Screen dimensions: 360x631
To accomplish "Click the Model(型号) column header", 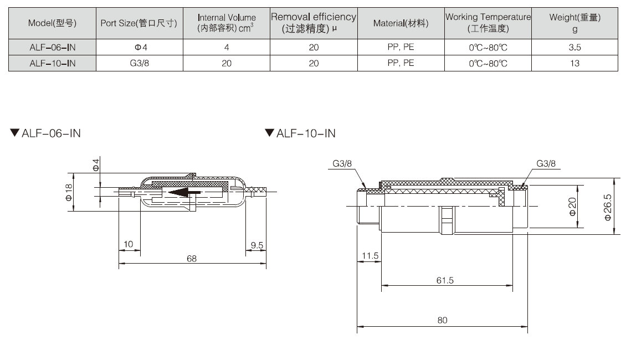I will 52,23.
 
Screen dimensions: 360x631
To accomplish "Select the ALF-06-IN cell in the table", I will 52,48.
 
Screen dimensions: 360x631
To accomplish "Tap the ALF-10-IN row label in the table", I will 52,63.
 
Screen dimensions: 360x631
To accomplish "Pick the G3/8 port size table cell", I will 139,63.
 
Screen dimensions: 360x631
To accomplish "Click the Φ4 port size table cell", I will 139,48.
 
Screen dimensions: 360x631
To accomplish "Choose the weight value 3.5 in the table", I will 574,48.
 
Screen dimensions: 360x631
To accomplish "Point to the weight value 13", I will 574,63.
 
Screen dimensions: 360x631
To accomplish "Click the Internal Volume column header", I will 226,23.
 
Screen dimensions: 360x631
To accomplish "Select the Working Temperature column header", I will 488,23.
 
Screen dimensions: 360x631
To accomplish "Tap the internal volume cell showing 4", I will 226,48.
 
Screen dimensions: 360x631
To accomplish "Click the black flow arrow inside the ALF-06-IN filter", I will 185,193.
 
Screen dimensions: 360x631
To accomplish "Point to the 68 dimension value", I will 192,259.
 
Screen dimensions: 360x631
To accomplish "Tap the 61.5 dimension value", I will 444,281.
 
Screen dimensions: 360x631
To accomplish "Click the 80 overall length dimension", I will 442,320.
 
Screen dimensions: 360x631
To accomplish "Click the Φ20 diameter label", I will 572,207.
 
